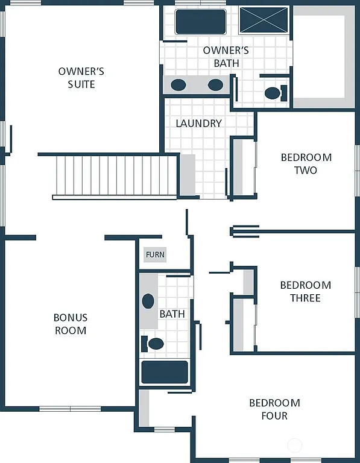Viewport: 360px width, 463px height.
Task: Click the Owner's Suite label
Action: coord(81,78)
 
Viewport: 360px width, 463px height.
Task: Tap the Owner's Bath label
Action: coord(226,57)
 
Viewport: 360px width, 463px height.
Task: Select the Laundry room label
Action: coord(198,124)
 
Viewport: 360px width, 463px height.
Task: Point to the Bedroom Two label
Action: coord(306,164)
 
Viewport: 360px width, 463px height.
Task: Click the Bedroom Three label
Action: coord(305,292)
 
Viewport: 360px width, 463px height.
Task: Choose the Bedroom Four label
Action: coord(274,409)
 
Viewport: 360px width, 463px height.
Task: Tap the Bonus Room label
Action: coord(71,324)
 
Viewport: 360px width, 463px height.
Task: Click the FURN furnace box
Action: coord(155,255)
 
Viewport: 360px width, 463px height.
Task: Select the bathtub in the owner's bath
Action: coord(200,22)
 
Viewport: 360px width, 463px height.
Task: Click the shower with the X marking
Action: coord(264,20)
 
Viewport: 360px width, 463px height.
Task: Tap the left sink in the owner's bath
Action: coord(178,84)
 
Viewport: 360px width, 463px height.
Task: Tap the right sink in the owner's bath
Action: coord(215,84)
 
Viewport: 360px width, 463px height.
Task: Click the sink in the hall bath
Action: coord(148,301)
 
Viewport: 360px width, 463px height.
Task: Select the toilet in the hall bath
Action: coord(154,344)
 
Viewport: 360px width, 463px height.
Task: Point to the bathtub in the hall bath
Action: coord(165,372)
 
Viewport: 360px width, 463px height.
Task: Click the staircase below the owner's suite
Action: coord(115,175)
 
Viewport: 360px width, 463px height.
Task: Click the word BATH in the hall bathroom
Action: coord(172,314)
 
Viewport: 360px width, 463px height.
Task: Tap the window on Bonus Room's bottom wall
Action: coord(70,409)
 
